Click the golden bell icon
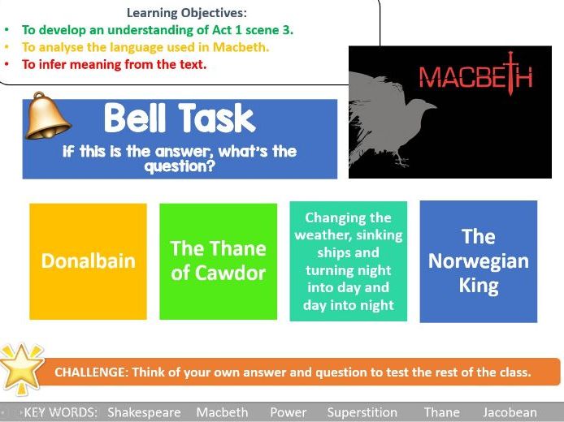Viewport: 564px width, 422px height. [x=47, y=116]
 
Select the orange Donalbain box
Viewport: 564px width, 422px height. [x=88, y=261]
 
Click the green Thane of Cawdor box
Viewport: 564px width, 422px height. [x=219, y=261]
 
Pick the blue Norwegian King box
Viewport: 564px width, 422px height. [x=479, y=261]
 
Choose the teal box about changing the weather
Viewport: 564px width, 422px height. [x=348, y=261]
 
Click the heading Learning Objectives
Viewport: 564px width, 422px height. [x=187, y=13]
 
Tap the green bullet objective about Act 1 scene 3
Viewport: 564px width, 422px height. [x=158, y=30]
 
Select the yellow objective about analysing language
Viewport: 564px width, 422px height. [x=145, y=47]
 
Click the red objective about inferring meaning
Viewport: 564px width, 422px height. [x=114, y=64]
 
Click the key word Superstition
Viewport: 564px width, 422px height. [x=362, y=412]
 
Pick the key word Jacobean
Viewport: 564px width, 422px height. [x=510, y=412]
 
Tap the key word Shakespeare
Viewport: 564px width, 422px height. [x=144, y=412]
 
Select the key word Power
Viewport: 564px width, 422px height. [x=289, y=412]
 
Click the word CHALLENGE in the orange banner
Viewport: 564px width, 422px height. [x=89, y=372]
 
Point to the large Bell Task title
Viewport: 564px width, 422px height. [x=180, y=118]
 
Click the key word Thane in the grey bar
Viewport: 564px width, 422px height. [x=442, y=412]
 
